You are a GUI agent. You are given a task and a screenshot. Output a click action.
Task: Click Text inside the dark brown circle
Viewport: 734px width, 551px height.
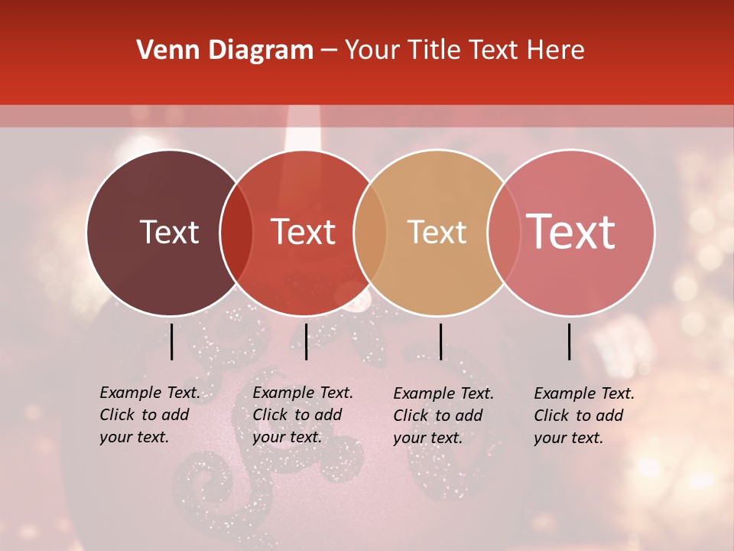[169, 232]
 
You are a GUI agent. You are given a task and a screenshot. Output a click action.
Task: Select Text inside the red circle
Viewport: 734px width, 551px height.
[303, 232]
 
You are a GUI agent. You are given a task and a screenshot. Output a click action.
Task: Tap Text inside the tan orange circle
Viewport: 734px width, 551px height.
[437, 232]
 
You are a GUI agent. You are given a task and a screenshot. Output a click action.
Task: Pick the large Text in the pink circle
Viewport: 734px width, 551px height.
[571, 232]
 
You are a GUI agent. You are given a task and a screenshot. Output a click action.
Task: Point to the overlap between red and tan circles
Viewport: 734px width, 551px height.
[370, 233]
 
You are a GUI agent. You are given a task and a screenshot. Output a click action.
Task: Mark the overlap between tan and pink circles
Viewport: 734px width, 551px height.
[504, 233]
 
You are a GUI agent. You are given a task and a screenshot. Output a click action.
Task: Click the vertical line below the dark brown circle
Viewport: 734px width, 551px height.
[172, 341]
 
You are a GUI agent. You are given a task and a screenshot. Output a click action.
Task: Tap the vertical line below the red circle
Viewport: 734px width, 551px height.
[306, 341]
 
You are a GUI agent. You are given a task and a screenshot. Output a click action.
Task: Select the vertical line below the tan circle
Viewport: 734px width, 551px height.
[440, 341]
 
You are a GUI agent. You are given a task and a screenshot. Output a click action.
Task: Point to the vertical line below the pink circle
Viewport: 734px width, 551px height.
[570, 341]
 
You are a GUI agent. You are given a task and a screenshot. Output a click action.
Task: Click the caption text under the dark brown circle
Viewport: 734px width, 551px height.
[150, 415]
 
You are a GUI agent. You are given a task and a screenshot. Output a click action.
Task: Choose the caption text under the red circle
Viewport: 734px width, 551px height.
[303, 415]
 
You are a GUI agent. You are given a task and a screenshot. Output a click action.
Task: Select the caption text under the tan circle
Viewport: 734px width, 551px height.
[443, 416]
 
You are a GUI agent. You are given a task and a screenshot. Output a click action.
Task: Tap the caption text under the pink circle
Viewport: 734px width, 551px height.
[584, 416]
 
